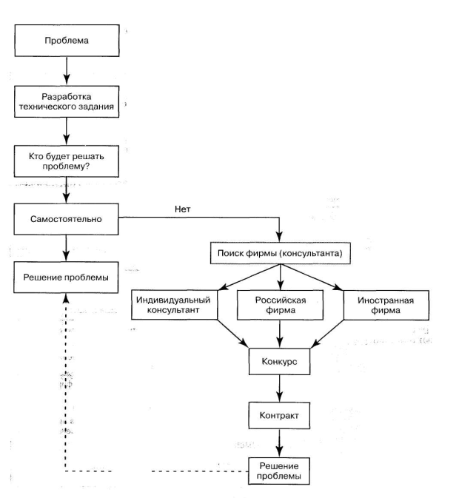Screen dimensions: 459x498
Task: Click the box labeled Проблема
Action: tap(67, 41)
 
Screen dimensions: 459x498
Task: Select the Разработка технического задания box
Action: tap(67, 101)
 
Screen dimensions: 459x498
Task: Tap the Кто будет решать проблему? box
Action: tap(67, 161)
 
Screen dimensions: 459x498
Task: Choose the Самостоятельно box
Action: tap(66, 219)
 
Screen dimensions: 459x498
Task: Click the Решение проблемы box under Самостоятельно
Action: tap(66, 277)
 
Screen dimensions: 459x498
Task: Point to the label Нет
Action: tap(183, 209)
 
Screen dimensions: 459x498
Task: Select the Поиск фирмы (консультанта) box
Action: tap(281, 253)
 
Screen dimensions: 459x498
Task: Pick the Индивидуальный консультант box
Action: tap(175, 305)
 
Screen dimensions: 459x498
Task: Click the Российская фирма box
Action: tap(280, 305)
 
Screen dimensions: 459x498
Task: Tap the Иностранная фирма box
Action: tap(386, 305)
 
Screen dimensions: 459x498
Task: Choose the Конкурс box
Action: tap(280, 361)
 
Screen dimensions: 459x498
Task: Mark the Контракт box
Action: tap(279, 415)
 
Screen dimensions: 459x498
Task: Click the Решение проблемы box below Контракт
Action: tap(279, 471)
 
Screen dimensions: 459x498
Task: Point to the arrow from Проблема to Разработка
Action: tap(67, 71)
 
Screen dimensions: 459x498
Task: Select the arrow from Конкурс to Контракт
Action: tap(280, 388)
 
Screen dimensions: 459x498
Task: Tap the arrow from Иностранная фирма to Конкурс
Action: tap(327, 334)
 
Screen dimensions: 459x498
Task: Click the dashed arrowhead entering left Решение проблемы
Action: tap(66, 298)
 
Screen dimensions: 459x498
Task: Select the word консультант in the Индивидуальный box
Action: tap(173, 310)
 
